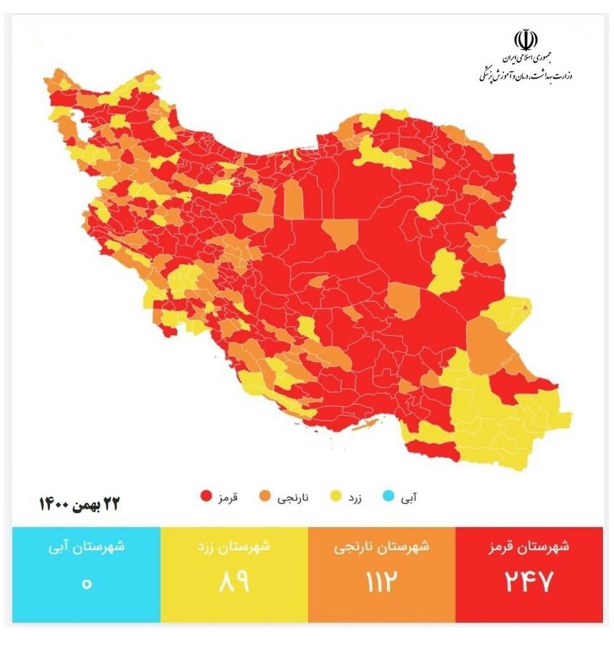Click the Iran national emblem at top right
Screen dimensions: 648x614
coord(525,40)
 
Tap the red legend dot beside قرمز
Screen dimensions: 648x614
coord(205,497)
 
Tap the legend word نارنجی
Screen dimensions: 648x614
coord(294,497)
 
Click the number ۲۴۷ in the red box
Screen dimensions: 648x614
coord(529,582)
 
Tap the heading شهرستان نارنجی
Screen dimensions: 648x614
coord(381,547)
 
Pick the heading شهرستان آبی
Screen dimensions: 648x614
coord(86,547)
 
